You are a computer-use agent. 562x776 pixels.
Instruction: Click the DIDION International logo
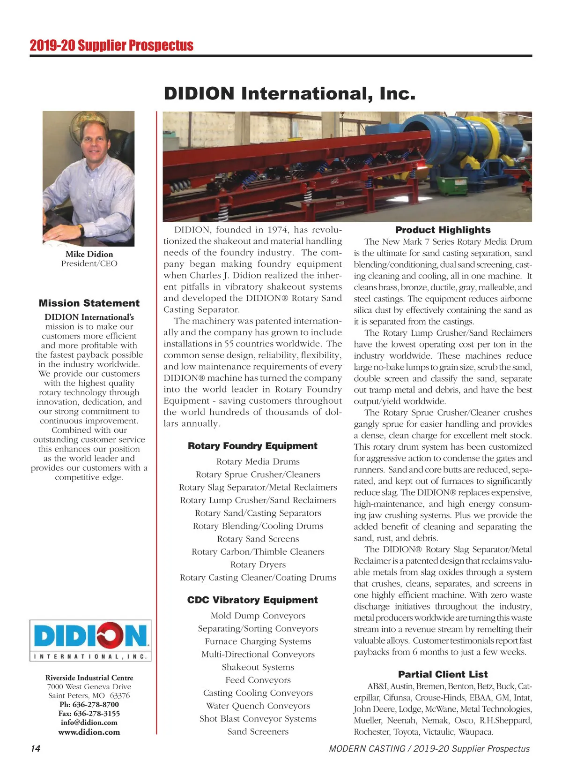(90, 640)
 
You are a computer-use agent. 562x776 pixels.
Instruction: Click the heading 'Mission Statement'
(89, 303)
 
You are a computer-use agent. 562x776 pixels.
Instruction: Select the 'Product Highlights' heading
(443, 230)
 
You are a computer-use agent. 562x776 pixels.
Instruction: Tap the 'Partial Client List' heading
(443, 674)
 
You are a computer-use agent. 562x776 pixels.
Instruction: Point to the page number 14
(36, 749)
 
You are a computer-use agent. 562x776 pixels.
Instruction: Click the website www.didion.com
(89, 732)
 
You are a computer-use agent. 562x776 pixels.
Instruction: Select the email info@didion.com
(89, 723)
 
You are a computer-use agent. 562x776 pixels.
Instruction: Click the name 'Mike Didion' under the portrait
(89, 254)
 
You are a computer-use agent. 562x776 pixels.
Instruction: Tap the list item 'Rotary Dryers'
(258, 565)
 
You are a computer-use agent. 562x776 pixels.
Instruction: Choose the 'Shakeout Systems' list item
(258, 667)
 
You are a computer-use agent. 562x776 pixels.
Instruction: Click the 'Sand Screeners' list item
(258, 731)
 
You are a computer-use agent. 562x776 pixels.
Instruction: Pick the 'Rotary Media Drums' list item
(258, 462)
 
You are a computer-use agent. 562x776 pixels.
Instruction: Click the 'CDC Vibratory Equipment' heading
(252, 600)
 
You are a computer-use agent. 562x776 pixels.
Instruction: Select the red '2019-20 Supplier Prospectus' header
(111, 45)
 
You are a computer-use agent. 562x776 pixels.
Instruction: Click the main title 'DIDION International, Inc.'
(289, 94)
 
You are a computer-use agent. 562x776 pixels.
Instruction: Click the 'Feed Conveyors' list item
(258, 680)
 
